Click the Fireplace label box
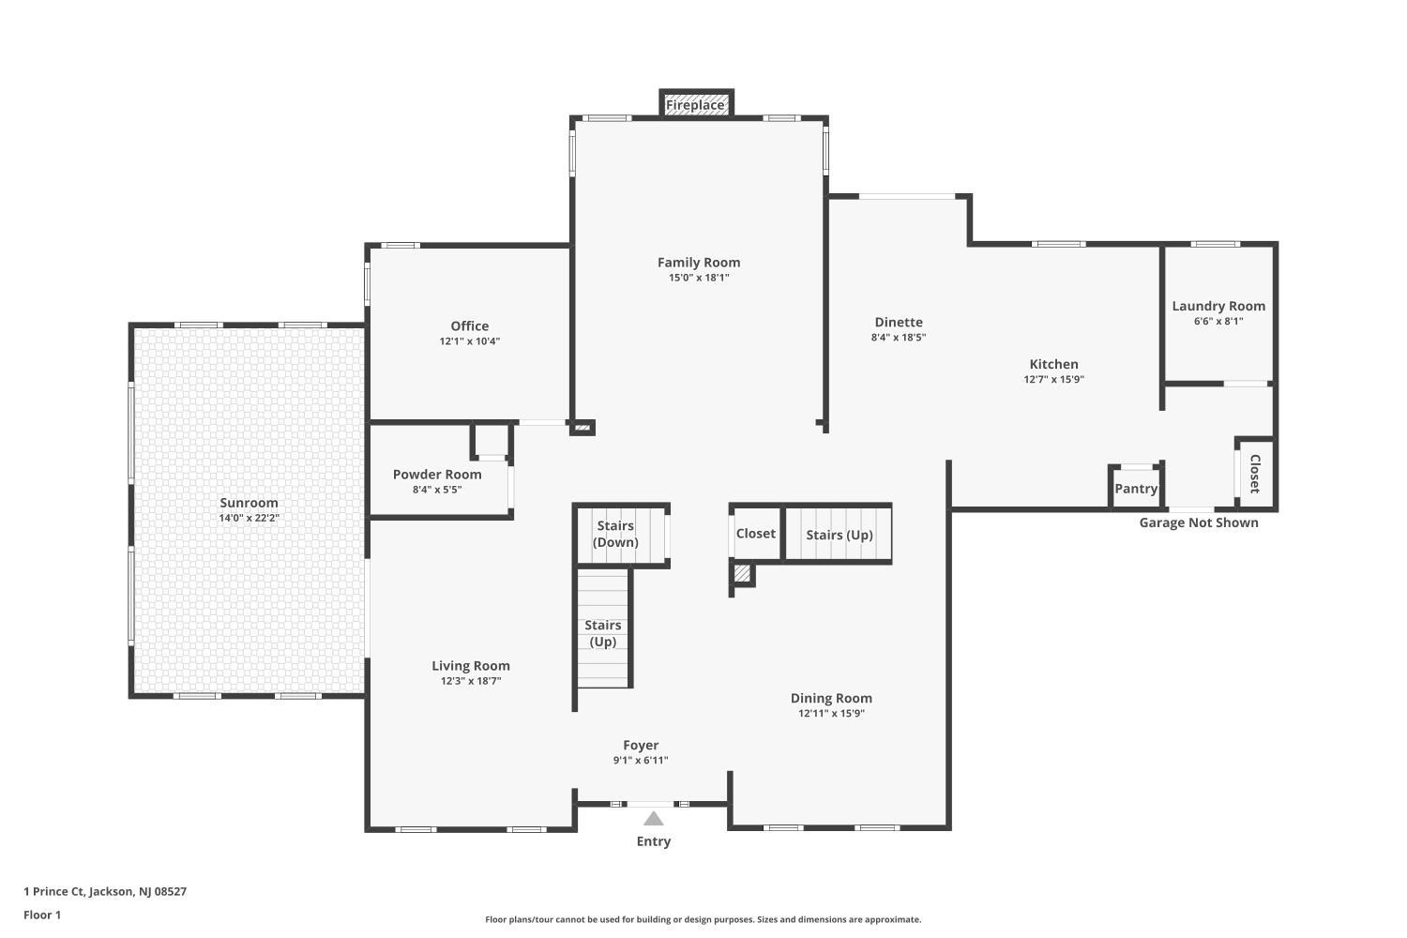click(x=696, y=104)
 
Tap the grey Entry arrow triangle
click(x=653, y=819)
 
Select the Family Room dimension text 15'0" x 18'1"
click(x=699, y=278)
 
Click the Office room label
click(x=469, y=326)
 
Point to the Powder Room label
click(x=437, y=475)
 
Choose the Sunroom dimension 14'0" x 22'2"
click(x=249, y=519)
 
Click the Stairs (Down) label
click(x=615, y=534)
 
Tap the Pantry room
click(x=1136, y=488)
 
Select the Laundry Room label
click(x=1218, y=306)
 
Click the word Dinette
click(x=899, y=323)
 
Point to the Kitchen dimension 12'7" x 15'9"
click(x=1054, y=380)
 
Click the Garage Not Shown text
click(x=1199, y=522)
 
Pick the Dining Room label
click(x=831, y=698)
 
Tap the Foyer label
click(x=641, y=745)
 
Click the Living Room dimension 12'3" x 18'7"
click(x=471, y=681)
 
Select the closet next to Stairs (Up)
click(x=756, y=534)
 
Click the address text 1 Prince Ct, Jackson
click(x=79, y=891)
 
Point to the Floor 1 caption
click(x=42, y=915)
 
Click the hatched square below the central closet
click(x=742, y=574)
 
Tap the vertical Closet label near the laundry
click(x=1254, y=474)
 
